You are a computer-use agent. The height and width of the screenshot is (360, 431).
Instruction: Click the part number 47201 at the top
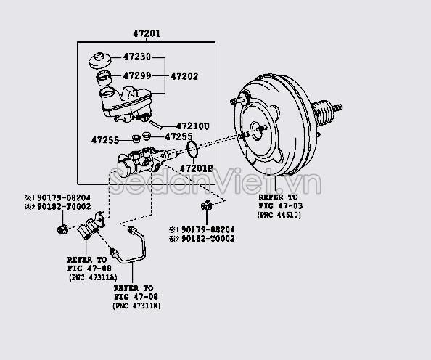[146, 34]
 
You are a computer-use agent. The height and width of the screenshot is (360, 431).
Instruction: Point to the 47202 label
[184, 75]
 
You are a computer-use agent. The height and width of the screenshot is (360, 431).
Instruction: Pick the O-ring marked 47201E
[192, 150]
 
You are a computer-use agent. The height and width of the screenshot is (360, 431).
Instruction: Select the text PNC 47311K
[137, 306]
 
